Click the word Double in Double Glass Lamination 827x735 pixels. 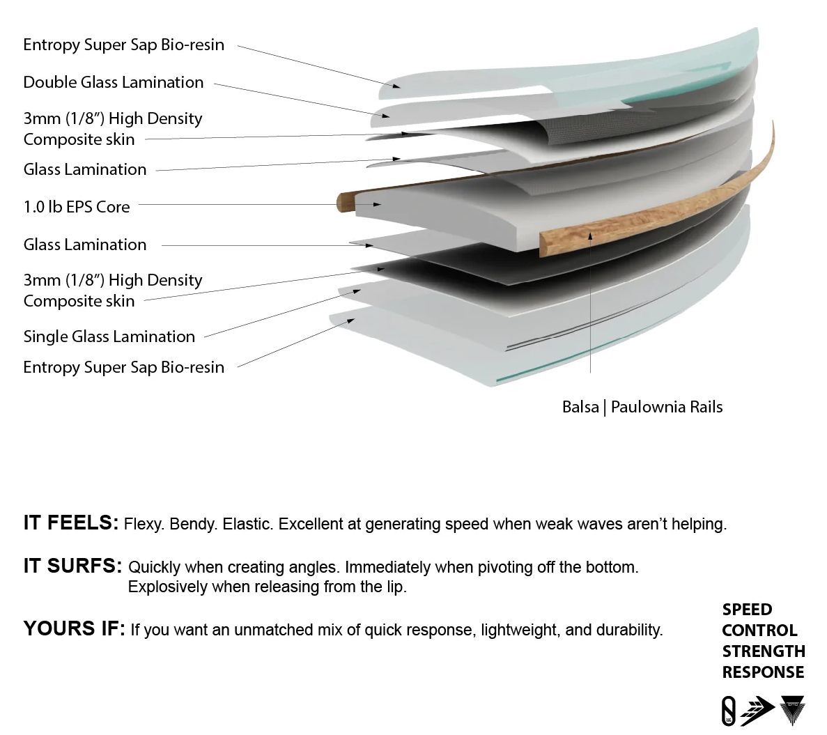click(50, 82)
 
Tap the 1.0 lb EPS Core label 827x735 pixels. click(77, 207)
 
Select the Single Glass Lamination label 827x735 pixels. click(109, 336)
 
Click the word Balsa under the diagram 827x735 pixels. click(580, 407)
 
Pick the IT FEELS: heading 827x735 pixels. click(71, 523)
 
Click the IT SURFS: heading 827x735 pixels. click(72, 566)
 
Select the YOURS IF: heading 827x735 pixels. click(75, 628)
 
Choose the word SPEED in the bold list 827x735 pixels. click(747, 610)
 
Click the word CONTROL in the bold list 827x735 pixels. click(759, 630)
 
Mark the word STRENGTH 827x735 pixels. click(764, 651)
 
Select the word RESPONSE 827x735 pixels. click(763, 672)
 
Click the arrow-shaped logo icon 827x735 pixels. click(757, 710)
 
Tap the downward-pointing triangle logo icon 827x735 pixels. click(792, 710)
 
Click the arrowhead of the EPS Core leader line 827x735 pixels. click(377, 204)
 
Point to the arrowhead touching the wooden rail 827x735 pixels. click(590, 236)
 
